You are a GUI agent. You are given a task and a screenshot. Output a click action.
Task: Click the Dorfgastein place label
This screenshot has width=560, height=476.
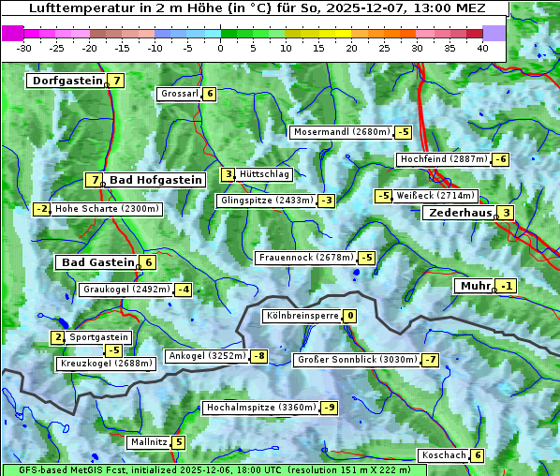66,81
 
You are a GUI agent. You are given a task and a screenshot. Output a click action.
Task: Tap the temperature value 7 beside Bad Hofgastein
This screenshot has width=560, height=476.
94,180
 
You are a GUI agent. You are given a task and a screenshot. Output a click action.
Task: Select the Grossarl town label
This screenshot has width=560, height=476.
179,94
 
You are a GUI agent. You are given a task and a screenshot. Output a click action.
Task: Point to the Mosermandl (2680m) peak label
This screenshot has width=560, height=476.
341,132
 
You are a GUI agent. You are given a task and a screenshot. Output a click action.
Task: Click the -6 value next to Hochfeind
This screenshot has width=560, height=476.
501,159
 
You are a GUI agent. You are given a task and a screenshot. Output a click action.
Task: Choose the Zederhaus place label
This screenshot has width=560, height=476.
458,214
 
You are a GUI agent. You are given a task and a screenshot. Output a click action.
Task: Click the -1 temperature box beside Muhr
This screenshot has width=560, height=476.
507,286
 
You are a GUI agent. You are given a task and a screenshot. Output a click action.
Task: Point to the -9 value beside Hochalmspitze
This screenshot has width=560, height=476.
329,408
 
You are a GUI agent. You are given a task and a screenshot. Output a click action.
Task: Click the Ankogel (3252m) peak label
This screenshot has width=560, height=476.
206,356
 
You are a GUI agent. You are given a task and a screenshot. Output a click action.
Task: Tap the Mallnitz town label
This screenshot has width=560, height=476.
148,441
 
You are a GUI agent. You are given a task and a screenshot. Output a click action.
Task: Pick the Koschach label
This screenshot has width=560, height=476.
443,455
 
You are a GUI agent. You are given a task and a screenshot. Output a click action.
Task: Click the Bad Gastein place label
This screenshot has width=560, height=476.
98,262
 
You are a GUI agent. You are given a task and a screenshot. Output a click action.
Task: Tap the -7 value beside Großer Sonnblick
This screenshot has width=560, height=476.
431,360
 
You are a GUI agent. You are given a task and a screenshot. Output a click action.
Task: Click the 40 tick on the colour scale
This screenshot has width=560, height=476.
482,48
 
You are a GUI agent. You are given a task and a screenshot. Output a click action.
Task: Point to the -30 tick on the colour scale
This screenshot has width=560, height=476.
24,48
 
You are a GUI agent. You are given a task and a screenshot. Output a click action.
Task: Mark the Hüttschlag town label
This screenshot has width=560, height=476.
265,174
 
